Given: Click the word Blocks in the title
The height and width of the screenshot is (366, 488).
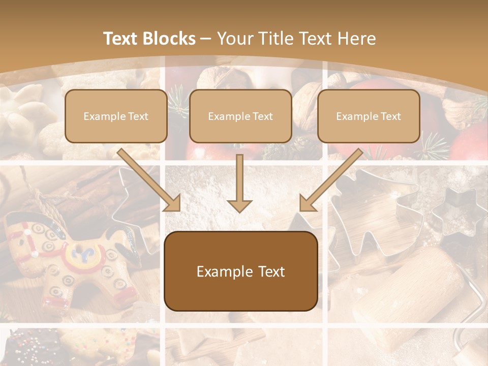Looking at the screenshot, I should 169,39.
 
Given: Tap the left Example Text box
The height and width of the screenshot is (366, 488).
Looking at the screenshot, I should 116,116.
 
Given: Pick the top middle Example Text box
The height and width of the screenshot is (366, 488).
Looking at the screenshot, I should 240,116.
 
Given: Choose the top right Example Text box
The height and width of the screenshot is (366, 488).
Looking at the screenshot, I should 369,116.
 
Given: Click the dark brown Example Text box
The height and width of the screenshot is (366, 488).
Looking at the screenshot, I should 240,271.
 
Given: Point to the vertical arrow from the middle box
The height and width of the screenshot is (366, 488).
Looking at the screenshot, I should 239,183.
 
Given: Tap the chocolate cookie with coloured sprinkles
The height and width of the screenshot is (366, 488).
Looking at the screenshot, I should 30,348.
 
